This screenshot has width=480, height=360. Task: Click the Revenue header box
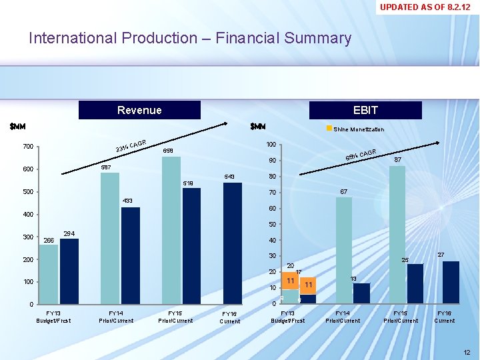139,110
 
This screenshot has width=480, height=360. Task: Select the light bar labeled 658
171,230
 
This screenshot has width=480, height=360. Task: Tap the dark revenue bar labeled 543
233,243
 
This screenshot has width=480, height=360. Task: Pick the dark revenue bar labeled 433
131,256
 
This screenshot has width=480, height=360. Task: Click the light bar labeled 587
110,238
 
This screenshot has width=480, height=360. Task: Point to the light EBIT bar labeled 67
343,250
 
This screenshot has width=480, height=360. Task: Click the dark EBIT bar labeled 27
451,282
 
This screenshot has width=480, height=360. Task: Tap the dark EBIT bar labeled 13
361,293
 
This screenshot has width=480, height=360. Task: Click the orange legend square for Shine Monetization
329,129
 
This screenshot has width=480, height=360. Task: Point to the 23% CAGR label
131,145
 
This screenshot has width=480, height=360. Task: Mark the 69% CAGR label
361,155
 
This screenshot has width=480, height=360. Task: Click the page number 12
466,351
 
